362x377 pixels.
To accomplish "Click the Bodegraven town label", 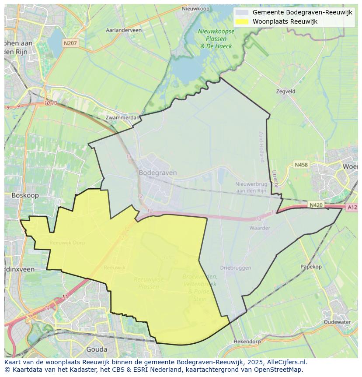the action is (x=157, y=173).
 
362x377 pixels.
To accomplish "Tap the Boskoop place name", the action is (x=25, y=195).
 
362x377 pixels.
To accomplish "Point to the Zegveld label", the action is (x=285, y=92).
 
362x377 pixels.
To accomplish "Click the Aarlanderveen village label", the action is (x=124, y=30).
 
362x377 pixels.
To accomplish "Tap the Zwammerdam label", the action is (x=123, y=117).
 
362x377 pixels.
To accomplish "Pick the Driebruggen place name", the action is (x=235, y=268).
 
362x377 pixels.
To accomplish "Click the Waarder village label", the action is (x=260, y=228).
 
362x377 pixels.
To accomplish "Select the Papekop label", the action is (x=311, y=267).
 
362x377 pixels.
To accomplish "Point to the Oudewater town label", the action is (x=337, y=322).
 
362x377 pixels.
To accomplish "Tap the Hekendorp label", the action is (x=247, y=341).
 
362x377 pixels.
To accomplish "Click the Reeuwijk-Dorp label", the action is (x=67, y=243).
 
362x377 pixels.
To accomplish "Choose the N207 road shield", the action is (x=70, y=43).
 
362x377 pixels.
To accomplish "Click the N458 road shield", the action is (x=301, y=165).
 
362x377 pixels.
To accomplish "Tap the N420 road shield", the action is (x=316, y=204).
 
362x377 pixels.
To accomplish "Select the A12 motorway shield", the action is (x=352, y=207).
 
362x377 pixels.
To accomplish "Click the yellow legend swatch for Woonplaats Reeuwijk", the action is (x=242, y=21).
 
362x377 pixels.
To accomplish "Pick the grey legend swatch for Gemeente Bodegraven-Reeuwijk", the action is (x=242, y=13).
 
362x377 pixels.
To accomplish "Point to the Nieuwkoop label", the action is (x=196, y=8).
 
